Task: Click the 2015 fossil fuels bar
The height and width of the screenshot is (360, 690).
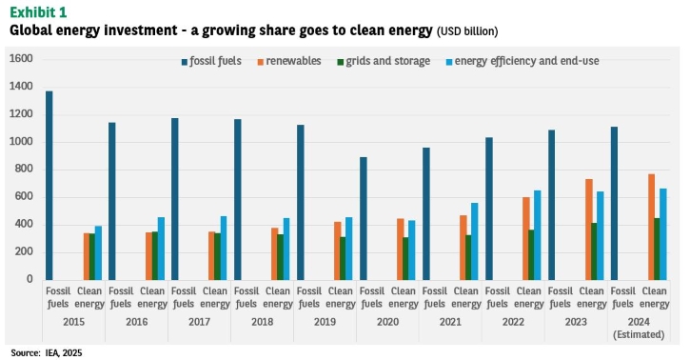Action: point(49,186)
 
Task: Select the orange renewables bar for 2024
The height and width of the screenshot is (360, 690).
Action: point(651,227)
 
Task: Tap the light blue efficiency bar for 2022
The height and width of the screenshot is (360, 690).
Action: point(538,235)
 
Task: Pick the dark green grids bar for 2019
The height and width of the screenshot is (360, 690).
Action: point(344,258)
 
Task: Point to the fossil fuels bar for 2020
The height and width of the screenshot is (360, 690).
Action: point(363,219)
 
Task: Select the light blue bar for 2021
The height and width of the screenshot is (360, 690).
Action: point(474,242)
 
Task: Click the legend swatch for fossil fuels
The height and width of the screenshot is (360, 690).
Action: point(185,62)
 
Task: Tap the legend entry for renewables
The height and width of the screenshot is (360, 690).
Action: point(289,61)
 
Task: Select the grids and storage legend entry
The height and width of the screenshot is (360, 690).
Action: point(384,61)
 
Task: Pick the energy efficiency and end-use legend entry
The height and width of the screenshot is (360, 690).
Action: point(522,61)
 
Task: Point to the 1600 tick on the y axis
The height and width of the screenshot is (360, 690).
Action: point(21,59)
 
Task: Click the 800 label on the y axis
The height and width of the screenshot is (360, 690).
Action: point(24,170)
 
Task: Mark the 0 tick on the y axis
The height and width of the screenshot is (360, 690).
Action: point(30,279)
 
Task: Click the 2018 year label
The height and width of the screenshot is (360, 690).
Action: point(263,322)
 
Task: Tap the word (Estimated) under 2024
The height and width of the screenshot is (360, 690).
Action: point(639,334)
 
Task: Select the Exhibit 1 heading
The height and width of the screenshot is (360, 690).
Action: point(38,11)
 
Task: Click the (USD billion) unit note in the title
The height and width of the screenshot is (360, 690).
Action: point(467,31)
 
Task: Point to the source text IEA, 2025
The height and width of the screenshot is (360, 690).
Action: point(64,353)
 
